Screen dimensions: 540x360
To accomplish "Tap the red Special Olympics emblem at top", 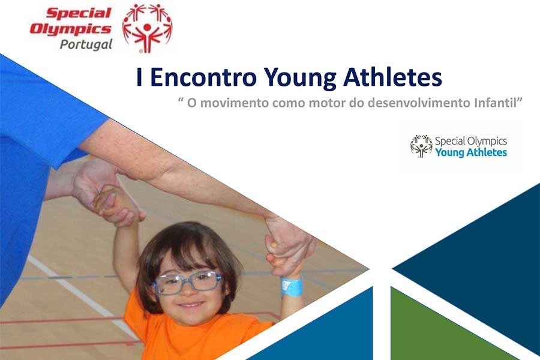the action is (148, 28).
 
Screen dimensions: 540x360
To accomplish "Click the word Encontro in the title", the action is (203, 77).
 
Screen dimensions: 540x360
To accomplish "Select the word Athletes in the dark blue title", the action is (392, 77).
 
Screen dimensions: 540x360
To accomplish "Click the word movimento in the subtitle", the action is (234, 103).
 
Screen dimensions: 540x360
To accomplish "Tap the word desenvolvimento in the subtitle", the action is (419, 103).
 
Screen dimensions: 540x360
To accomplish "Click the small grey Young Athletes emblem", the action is (421, 146).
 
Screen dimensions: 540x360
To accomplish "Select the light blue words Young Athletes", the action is (471, 152).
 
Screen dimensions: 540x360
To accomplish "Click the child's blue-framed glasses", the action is (187, 282).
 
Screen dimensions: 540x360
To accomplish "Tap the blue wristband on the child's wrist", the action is (292, 287).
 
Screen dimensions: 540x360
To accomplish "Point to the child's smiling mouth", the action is (191, 305).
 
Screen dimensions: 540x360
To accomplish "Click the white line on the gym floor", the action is (83, 296).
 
